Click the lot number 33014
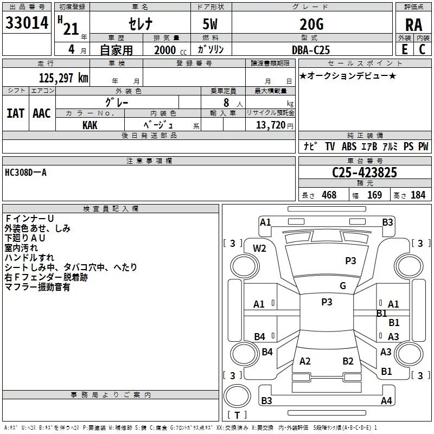[27, 23]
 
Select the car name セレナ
[141, 24]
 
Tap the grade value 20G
[311, 24]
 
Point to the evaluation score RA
[413, 25]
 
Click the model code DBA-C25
[311, 50]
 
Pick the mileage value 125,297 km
[63, 78]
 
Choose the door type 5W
[210, 24]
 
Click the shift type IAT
[15, 113]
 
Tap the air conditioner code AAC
[42, 113]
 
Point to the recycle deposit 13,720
[270, 125]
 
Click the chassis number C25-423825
[364, 173]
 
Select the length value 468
[329, 195]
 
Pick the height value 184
[418, 195]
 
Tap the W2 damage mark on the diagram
[260, 248]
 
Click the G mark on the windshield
[343, 286]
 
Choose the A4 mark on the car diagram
[386, 401]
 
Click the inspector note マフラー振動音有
[37, 287]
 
